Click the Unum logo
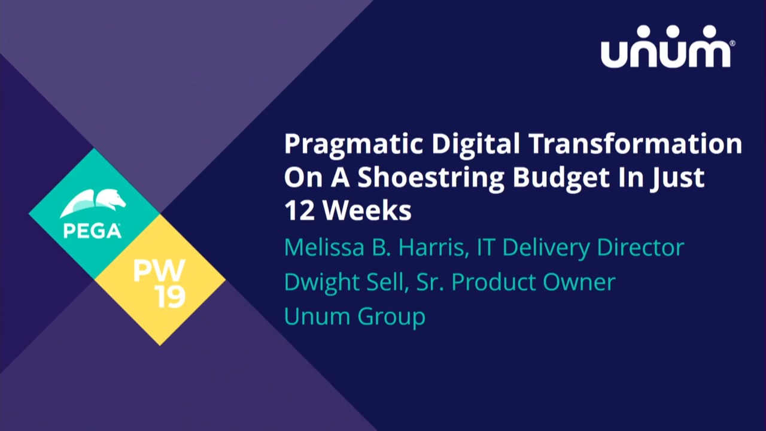[x=665, y=47]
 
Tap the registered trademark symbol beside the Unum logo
[x=732, y=44]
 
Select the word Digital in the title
[x=475, y=144]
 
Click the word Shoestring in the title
[x=431, y=178]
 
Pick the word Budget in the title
[x=561, y=178]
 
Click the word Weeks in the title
[x=367, y=210]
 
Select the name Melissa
[x=324, y=247]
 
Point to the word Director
[x=640, y=247]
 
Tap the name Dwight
[x=321, y=283]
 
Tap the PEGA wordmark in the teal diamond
[x=92, y=231]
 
